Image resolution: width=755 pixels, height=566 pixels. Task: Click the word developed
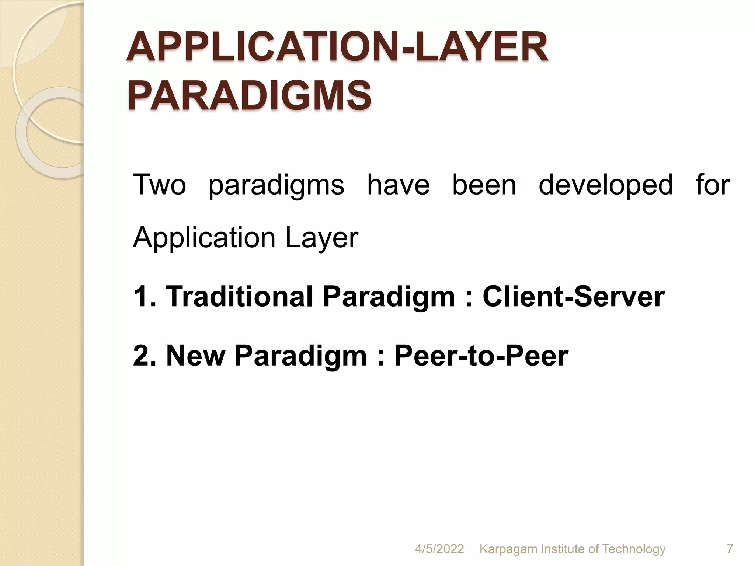click(606, 185)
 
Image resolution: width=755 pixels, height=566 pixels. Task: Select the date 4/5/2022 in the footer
click(439, 549)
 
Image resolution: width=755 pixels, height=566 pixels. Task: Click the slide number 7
click(730, 549)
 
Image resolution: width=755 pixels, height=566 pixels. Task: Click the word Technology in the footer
click(634, 549)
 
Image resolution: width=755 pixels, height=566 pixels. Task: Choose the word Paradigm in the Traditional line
click(389, 297)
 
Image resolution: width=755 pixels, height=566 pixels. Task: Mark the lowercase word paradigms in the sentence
click(276, 185)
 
